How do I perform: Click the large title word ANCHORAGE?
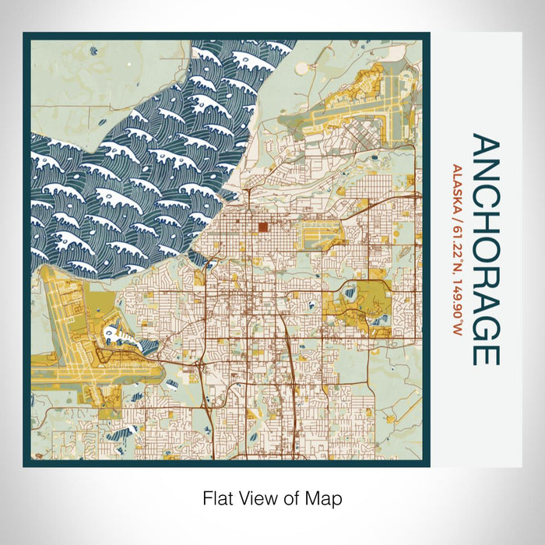click(x=483, y=250)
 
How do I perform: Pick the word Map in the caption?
click(x=325, y=497)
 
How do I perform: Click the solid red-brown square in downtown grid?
click(x=262, y=227)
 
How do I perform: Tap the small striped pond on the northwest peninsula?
click(x=93, y=51)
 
